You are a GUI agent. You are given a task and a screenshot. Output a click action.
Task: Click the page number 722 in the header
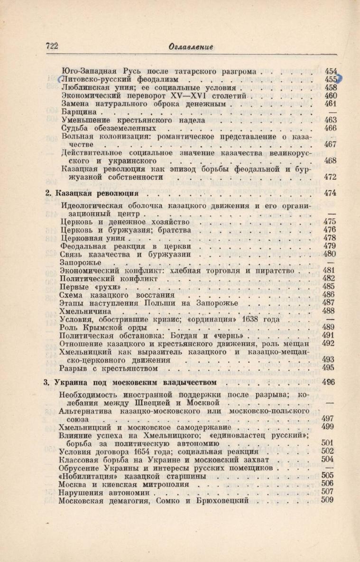tap(51, 46)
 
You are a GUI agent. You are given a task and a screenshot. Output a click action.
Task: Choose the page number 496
tap(328, 382)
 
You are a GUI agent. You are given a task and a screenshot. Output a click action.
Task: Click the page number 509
tap(328, 499)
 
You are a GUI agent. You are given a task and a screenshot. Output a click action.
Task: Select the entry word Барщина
tap(79, 112)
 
